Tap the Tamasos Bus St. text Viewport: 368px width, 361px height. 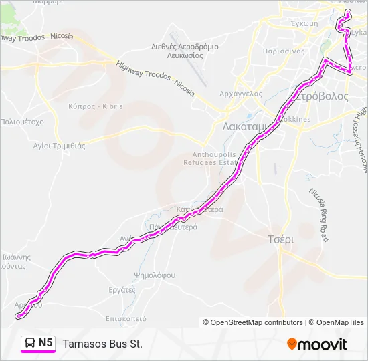pyautogui.click(x=102, y=344)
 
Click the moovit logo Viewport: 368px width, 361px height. pyautogui.click(x=317, y=344)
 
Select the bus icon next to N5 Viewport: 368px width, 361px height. pyautogui.click(x=30, y=343)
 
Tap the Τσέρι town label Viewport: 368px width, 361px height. pyautogui.click(x=281, y=239)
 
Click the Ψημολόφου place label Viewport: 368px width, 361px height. pyautogui.click(x=155, y=275)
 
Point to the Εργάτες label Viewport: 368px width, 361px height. pyautogui.click(x=122, y=290)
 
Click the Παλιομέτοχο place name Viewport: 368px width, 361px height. pyautogui.click(x=22, y=122)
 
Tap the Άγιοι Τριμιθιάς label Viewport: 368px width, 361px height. pyautogui.click(x=60, y=146)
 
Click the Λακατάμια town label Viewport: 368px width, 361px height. pyautogui.click(x=244, y=126)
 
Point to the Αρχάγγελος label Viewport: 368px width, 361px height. pyautogui.click(x=242, y=94)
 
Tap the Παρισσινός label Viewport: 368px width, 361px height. pyautogui.click(x=284, y=50)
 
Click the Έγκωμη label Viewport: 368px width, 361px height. pyautogui.click(x=299, y=22)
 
